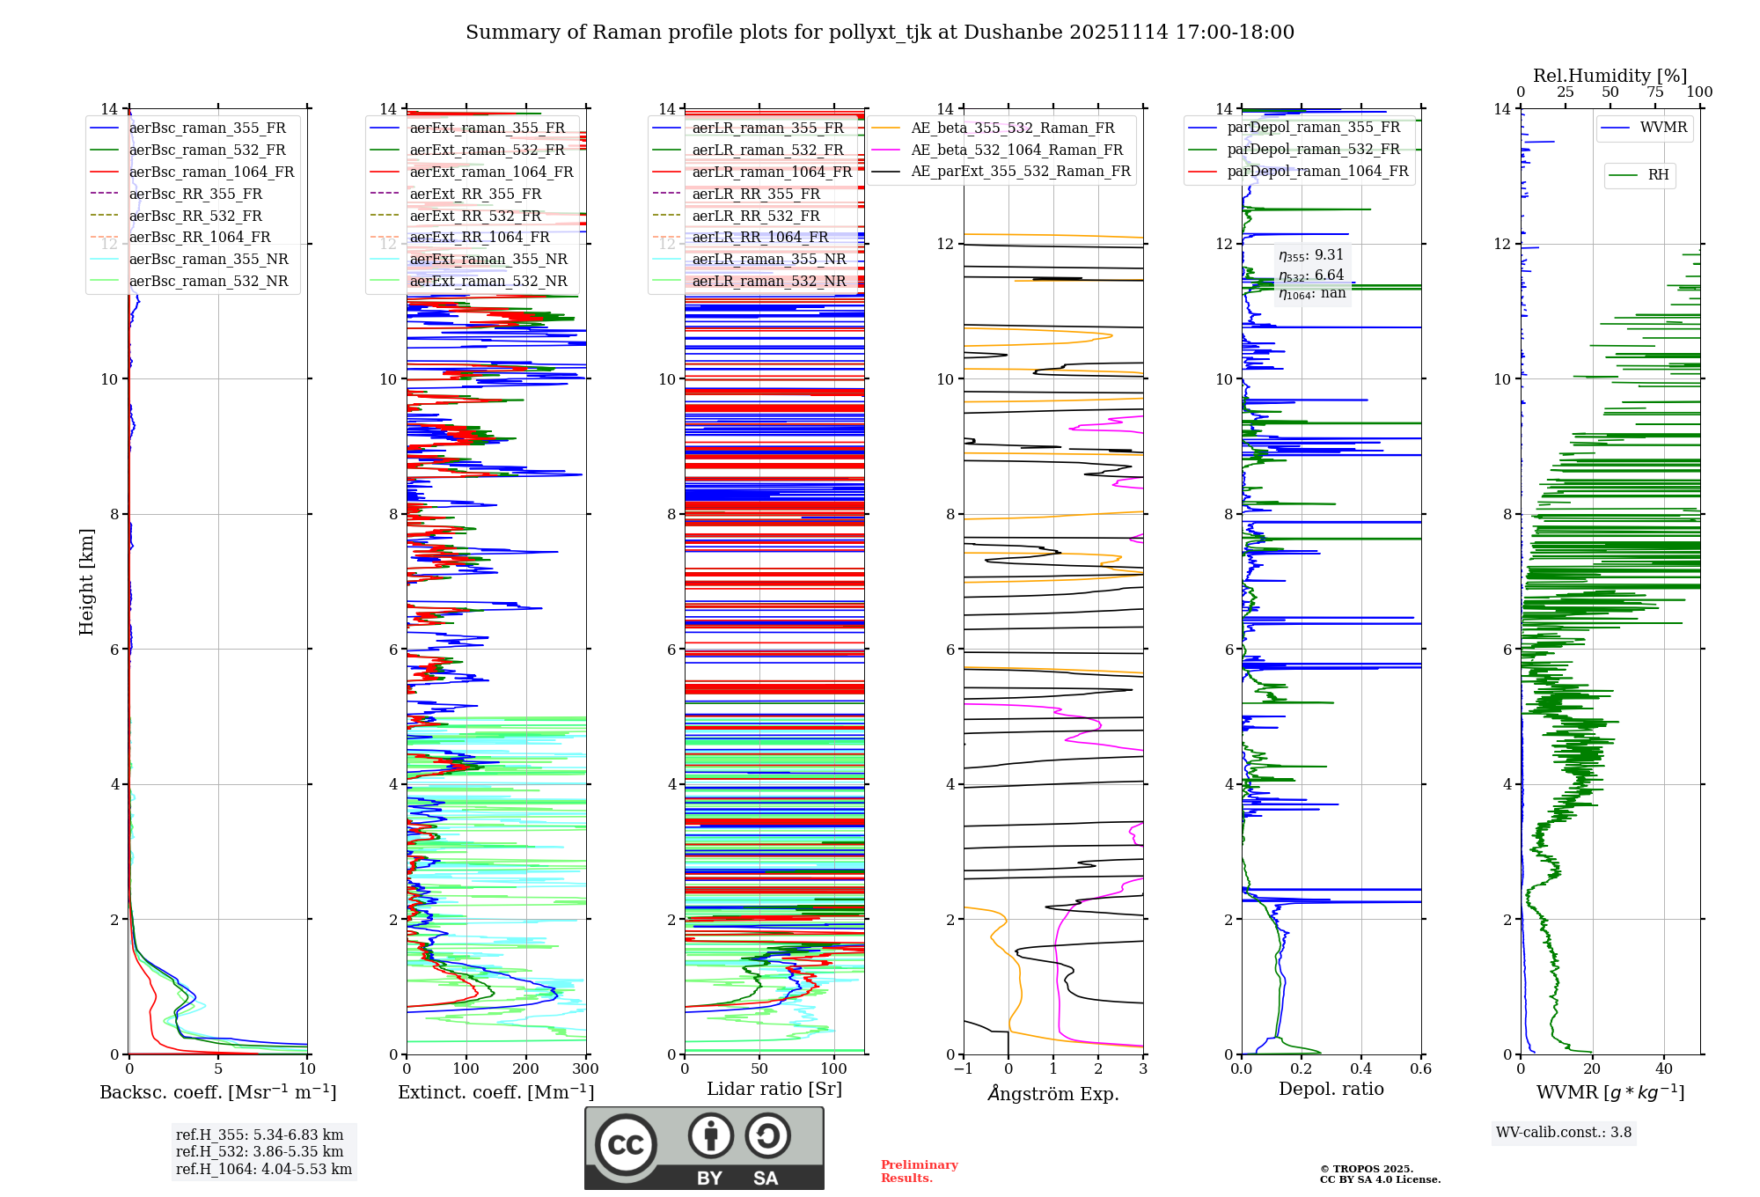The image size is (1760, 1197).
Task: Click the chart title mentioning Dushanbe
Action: coord(880,33)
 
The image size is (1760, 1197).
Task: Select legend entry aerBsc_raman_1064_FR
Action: coord(211,173)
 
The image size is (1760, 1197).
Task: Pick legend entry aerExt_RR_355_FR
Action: coord(475,195)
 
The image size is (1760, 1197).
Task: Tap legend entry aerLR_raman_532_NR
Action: coord(768,282)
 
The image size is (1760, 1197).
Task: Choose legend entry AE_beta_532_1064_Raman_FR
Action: coord(1016,151)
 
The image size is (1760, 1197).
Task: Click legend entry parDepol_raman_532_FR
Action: coord(1313,150)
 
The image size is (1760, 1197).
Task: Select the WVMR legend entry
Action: coord(1663,129)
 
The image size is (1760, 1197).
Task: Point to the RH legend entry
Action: coord(1658,175)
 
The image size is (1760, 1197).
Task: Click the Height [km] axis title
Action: coord(86,581)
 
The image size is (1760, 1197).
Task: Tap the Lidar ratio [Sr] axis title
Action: coord(774,1090)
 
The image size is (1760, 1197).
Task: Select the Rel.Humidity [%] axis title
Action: coord(1610,76)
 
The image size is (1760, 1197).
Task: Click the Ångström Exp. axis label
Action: coord(1053,1094)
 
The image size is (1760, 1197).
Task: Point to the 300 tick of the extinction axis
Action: coord(585,1069)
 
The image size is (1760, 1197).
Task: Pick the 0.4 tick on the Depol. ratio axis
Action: coord(1360,1069)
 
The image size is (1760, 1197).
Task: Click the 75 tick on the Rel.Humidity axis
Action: coord(1655,92)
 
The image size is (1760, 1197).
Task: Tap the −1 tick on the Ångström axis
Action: coord(963,1069)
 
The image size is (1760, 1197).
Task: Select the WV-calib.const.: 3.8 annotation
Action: coord(1564,1133)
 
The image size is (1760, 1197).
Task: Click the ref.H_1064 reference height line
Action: coord(264,1170)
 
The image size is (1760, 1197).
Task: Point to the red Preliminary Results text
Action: coord(919,1171)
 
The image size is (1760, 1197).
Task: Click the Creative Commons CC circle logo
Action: coord(626,1145)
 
